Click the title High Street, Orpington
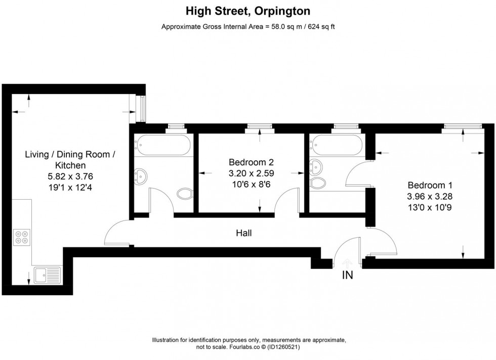click(247, 11)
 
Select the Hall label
click(243, 233)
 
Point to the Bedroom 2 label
click(251, 162)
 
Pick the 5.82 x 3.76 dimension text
click(70, 176)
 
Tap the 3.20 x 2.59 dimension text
click(251, 173)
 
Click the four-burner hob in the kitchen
click(22, 237)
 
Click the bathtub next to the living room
click(162, 145)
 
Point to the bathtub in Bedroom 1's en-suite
click(337, 145)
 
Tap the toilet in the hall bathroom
click(185, 194)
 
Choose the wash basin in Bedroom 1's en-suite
click(317, 165)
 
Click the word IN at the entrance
click(347, 276)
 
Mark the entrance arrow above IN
click(347, 262)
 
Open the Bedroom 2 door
click(286, 200)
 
